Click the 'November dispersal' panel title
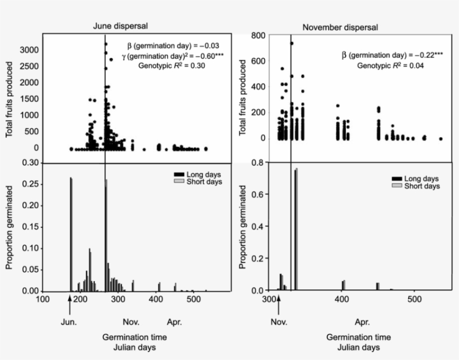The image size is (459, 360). point(340,27)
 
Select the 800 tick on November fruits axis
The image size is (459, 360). point(257,35)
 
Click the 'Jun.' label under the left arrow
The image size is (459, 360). point(69,322)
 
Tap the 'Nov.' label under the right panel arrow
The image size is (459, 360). point(278,322)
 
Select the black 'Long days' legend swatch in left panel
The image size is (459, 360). point(179,175)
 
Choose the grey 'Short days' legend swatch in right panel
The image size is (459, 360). point(396,186)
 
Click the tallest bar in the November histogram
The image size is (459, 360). point(296,230)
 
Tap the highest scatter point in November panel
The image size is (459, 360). point(292,43)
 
